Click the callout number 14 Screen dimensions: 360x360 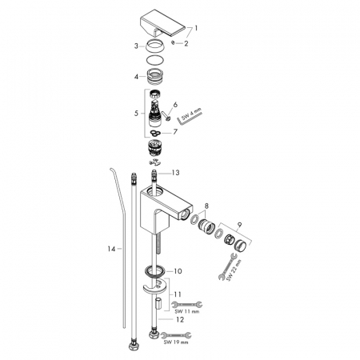coord(111,249)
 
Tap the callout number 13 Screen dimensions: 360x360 coord(175,173)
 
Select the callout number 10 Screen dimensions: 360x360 coord(178,271)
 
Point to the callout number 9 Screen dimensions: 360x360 coord(239,225)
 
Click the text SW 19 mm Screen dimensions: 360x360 coord(176,342)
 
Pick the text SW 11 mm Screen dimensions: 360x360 coord(186,311)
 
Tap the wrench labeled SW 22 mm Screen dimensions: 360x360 coord(227,266)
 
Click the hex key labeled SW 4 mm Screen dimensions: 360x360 coord(190,118)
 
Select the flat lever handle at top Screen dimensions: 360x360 coord(162,23)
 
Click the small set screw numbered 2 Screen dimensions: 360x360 coord(173,42)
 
